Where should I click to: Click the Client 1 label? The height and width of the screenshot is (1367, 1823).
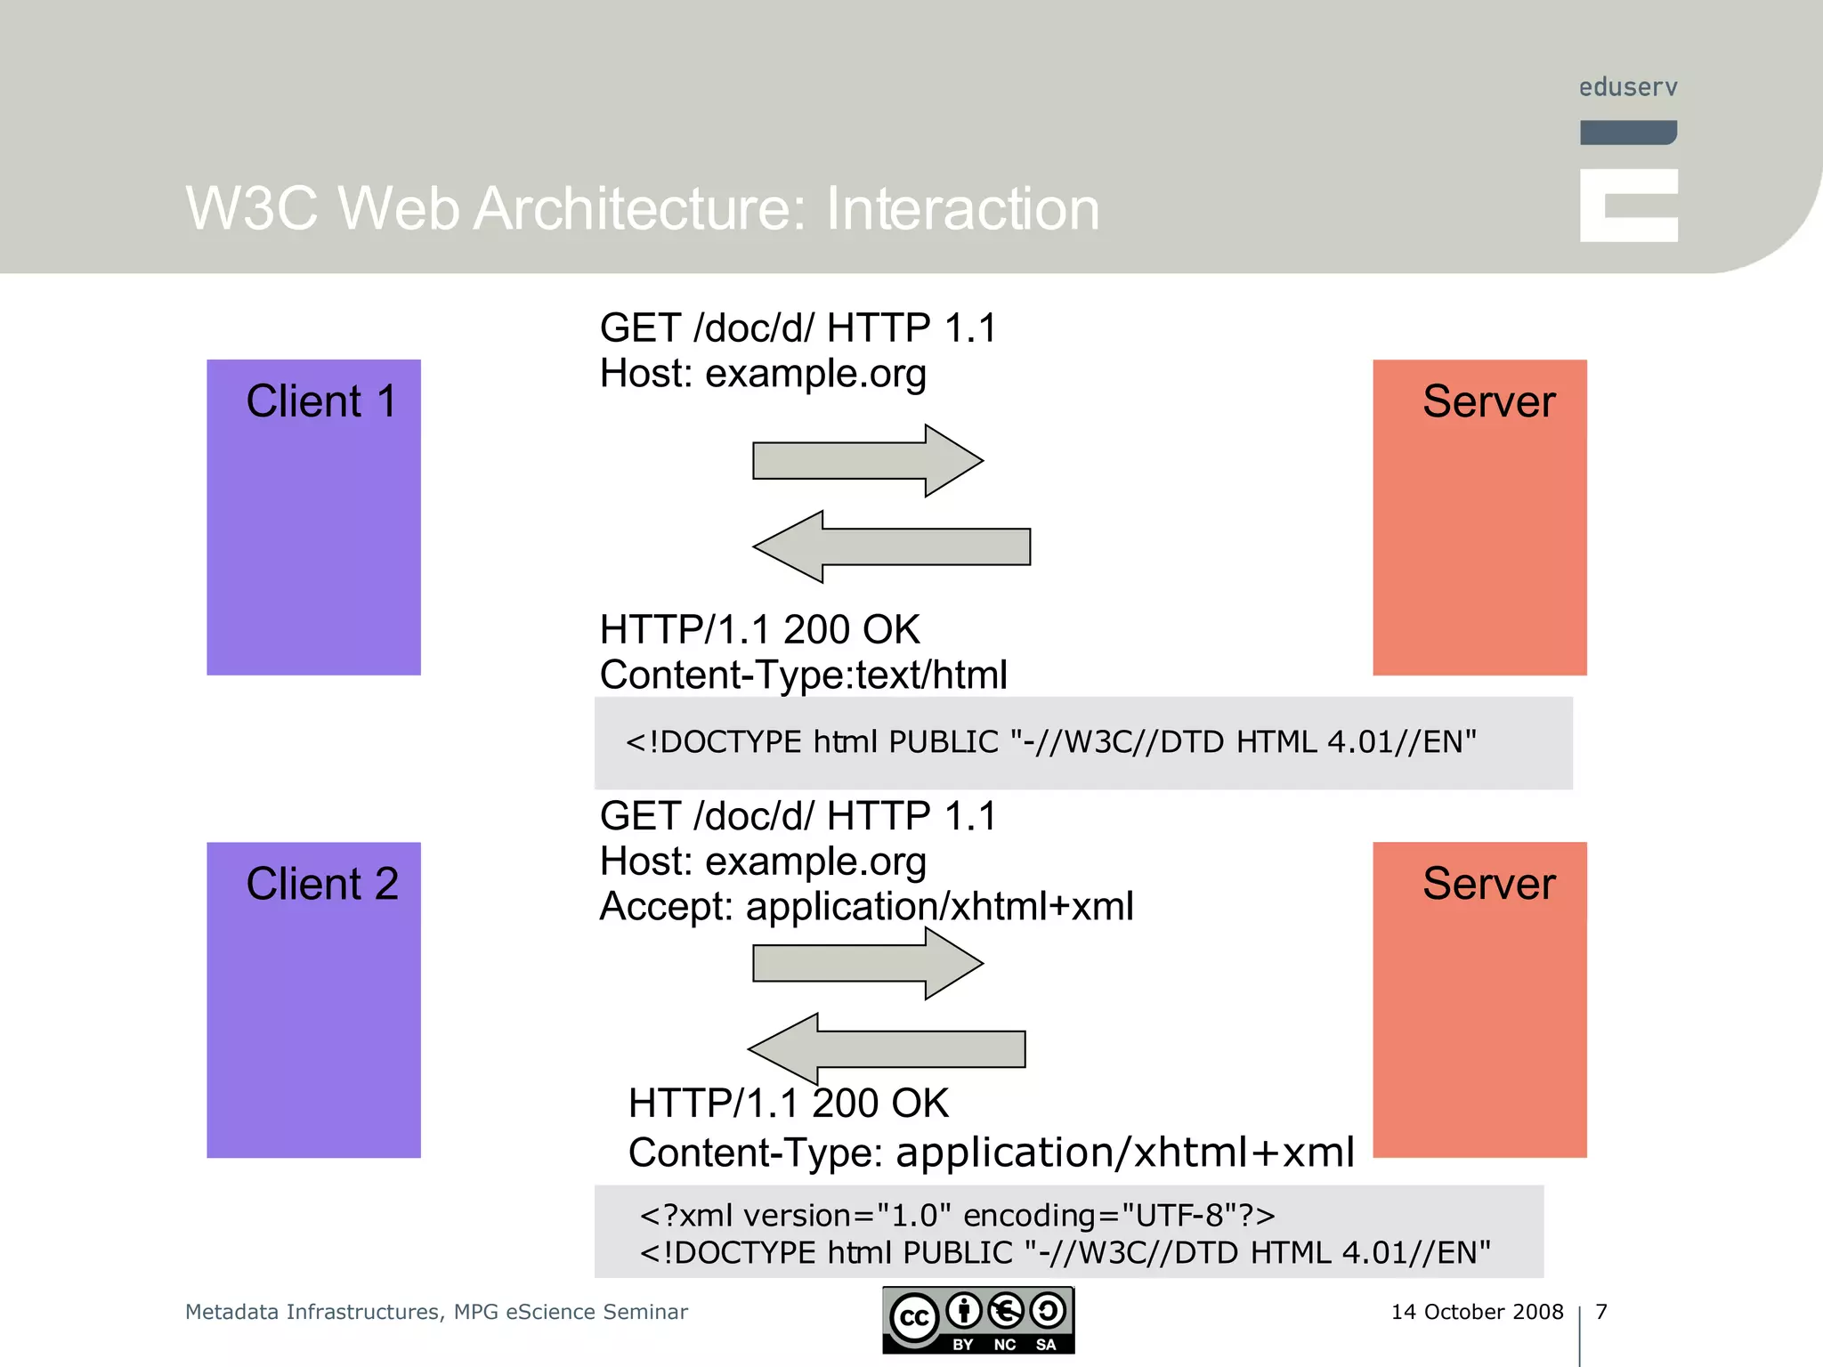[x=320, y=401]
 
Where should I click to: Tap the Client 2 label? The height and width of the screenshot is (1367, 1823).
[x=321, y=884]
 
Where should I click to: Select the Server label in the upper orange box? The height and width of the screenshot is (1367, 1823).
[x=1488, y=401]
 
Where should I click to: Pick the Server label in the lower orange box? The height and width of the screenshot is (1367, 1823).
[x=1488, y=884]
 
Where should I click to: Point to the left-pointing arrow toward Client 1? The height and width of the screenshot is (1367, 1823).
[x=890, y=546]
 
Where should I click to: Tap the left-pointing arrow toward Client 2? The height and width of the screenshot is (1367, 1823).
[x=886, y=1049]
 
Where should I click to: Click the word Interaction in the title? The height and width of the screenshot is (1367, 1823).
[x=962, y=209]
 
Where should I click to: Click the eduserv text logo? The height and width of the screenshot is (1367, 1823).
[x=1628, y=87]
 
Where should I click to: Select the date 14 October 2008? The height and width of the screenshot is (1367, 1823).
[x=1477, y=1312]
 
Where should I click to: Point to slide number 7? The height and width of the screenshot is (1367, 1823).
[x=1601, y=1312]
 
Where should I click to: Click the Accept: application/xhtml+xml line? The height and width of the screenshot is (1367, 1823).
[x=866, y=907]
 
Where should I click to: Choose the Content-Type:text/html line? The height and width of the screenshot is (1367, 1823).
[x=803, y=675]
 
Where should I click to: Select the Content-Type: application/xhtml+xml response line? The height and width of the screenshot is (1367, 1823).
[x=991, y=1153]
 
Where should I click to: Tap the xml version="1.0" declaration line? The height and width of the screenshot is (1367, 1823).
[x=957, y=1216]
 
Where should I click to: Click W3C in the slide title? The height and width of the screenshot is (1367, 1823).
[x=251, y=209]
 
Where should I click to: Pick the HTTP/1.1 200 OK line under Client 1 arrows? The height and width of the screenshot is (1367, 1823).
[x=759, y=630]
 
